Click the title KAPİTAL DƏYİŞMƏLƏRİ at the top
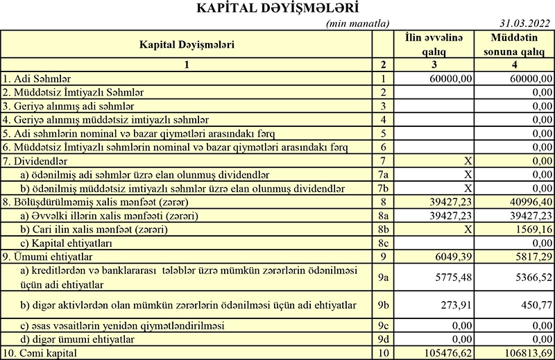[x=277, y=9]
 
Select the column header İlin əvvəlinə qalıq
[x=434, y=44]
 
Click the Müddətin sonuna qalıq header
[x=514, y=44]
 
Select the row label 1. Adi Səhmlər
[x=37, y=78]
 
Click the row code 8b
[x=382, y=230]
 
